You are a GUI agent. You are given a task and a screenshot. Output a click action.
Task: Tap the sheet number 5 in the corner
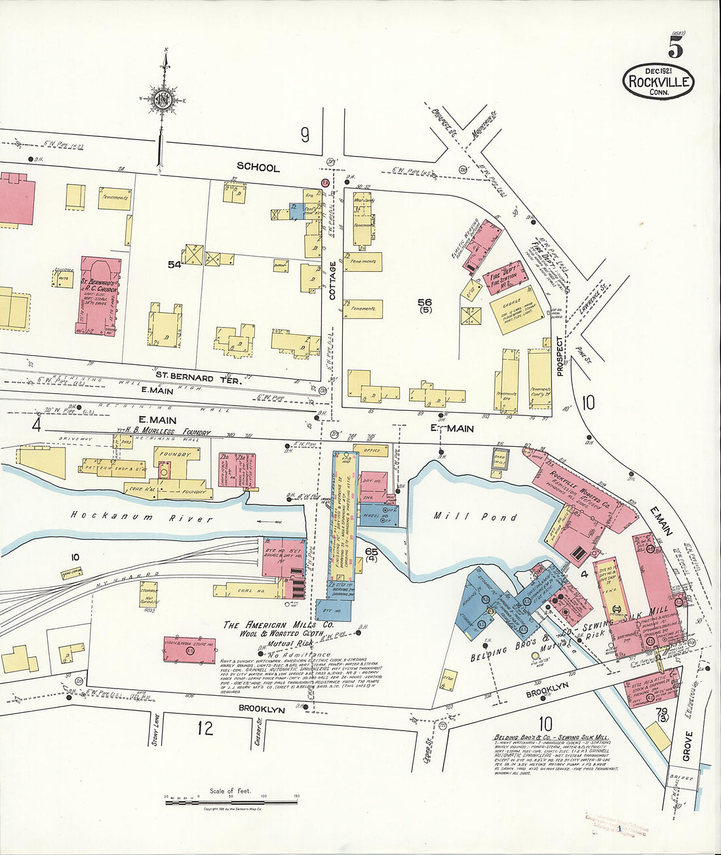coord(676,47)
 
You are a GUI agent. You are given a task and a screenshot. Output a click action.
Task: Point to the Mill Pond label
coord(475,516)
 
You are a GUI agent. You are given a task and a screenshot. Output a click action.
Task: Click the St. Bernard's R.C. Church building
coord(100,295)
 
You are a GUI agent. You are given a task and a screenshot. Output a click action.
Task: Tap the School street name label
coord(258,167)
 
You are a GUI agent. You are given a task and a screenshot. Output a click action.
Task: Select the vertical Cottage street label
coord(332,280)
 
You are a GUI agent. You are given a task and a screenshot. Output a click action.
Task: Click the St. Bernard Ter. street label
coord(193,377)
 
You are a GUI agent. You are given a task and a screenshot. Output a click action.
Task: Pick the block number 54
coord(174,265)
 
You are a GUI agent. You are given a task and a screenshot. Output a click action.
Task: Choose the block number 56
coord(425,302)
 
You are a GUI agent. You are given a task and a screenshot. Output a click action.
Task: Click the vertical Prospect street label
coord(560,356)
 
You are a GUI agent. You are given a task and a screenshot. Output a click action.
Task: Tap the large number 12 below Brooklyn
coord(205,728)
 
